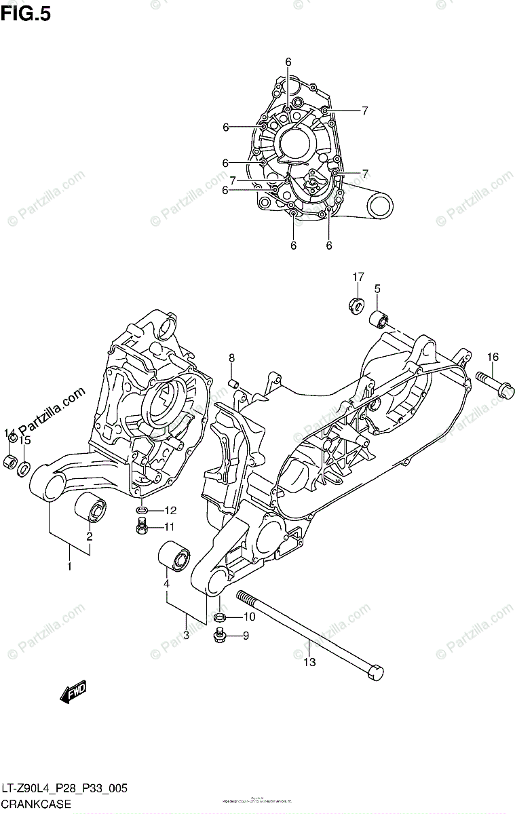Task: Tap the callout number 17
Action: click(358, 277)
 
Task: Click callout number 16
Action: click(492, 357)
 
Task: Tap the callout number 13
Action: click(309, 663)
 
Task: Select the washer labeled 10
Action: click(219, 617)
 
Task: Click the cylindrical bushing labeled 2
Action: click(91, 509)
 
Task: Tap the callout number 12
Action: click(170, 511)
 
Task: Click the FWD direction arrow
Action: click(73, 693)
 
